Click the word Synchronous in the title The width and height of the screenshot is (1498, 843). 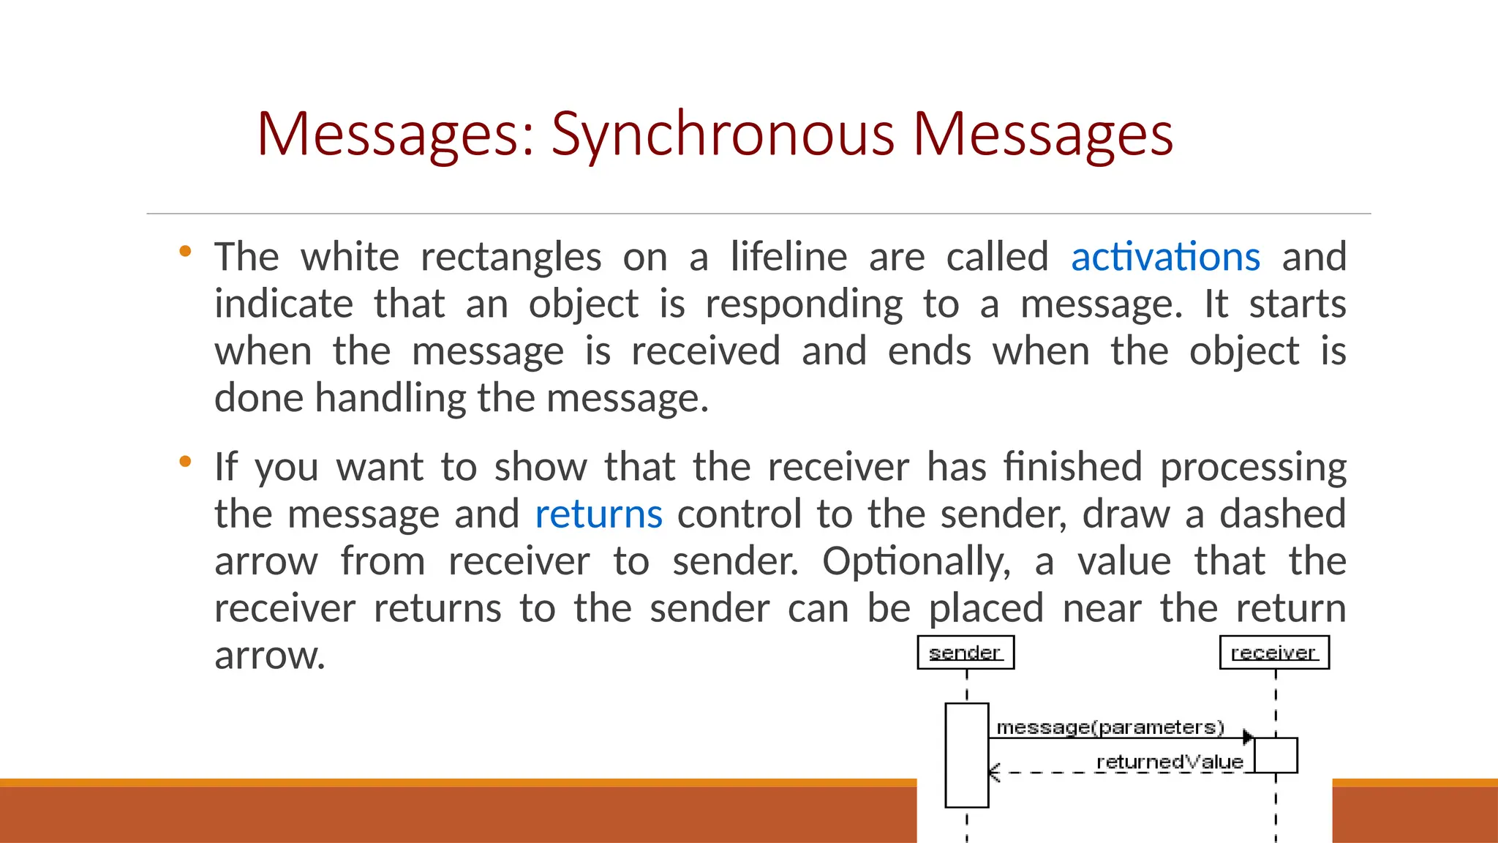point(723,135)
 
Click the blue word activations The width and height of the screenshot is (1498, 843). point(1165,258)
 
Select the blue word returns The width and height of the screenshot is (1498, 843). point(598,514)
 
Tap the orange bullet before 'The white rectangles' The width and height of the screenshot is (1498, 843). point(185,252)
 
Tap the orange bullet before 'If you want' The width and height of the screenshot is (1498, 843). point(185,462)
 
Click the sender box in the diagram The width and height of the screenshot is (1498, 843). point(966,652)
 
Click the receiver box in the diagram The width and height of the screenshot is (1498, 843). point(1274,652)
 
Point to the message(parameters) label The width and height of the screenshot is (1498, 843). point(1110,727)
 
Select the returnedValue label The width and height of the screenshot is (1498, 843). point(1169,762)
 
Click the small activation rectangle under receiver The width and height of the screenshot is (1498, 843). point(1276,755)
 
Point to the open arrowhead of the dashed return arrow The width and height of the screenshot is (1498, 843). point(993,772)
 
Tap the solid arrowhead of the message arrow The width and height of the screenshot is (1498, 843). point(1249,737)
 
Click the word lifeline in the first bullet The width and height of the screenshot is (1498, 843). point(788,258)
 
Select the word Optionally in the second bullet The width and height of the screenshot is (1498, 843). point(916,562)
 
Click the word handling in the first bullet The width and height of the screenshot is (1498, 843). point(391,399)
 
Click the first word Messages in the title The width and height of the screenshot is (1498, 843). point(395,135)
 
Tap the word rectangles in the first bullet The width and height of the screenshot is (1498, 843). point(511,258)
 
